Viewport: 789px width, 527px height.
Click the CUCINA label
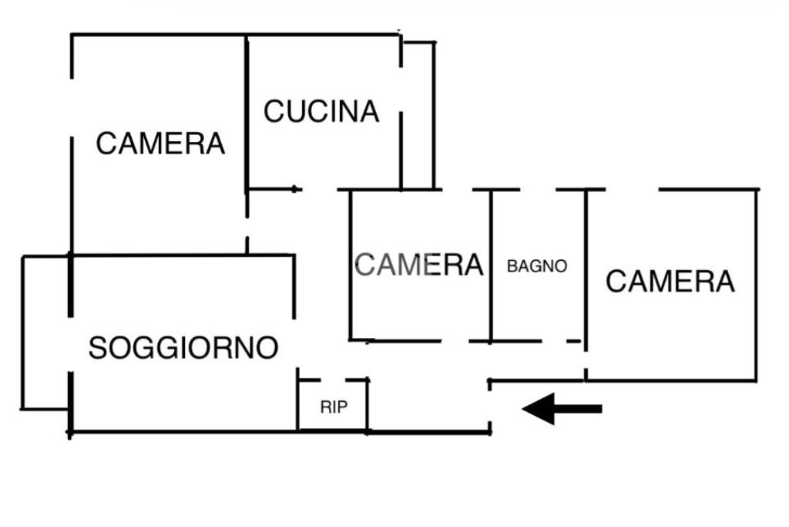tap(321, 111)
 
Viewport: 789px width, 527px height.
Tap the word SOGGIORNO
tap(183, 348)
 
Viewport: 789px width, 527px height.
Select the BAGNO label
tap(537, 266)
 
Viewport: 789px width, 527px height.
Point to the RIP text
tap(334, 407)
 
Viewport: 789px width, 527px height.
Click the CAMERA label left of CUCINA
tap(160, 144)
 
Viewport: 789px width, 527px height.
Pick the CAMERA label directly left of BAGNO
tap(418, 265)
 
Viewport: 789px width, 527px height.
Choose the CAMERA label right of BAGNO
tap(670, 281)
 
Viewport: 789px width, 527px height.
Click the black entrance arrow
tap(562, 409)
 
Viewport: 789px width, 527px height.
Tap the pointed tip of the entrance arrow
tap(522, 409)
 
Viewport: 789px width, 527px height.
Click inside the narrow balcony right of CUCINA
tap(418, 116)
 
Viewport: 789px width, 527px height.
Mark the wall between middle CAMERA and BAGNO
tap(491, 265)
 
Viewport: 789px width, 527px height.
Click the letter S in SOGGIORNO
tap(97, 348)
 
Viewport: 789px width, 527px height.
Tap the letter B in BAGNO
tap(512, 266)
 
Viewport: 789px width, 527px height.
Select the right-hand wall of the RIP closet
tap(368, 405)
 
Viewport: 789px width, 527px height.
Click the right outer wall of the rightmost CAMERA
tap(757, 285)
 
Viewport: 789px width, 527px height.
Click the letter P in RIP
tap(342, 407)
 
